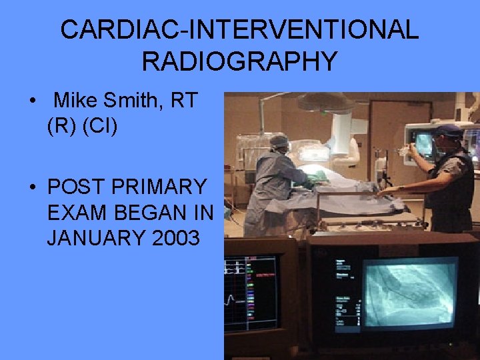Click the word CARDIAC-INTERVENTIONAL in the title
pyautogui.click(x=239, y=30)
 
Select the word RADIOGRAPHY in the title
pyautogui.click(x=239, y=61)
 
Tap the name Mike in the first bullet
pyautogui.click(x=75, y=101)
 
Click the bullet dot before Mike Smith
pyautogui.click(x=32, y=101)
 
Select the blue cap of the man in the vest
pyautogui.click(x=447, y=129)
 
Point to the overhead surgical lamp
pyautogui.click(x=326, y=102)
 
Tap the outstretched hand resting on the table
pyautogui.click(x=385, y=191)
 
